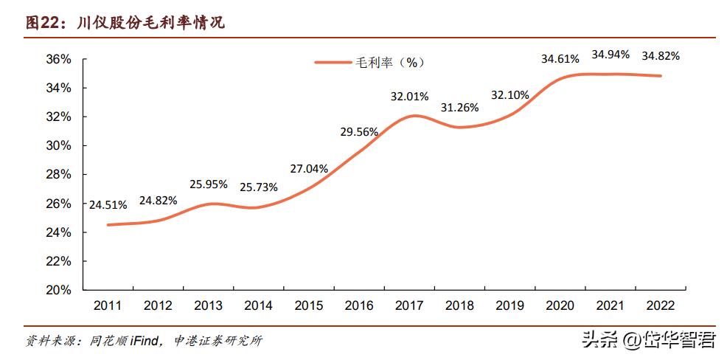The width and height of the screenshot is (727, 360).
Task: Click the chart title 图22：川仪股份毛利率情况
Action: (x=125, y=24)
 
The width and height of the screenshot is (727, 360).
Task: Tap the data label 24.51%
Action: (x=108, y=204)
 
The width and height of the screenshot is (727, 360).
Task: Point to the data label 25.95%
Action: (x=209, y=184)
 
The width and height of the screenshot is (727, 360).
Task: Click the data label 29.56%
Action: (x=359, y=132)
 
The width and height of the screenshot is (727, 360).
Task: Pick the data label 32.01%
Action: (x=409, y=96)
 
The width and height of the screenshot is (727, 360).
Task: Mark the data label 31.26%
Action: (x=459, y=107)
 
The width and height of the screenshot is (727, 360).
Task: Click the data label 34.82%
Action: (x=661, y=55)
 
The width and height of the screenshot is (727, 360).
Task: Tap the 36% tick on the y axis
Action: (x=57, y=59)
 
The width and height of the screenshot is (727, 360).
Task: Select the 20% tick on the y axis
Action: (x=57, y=290)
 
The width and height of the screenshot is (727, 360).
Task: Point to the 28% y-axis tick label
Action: (x=57, y=174)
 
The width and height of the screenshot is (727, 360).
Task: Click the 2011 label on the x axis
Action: (x=108, y=305)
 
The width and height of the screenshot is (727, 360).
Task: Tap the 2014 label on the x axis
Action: (x=258, y=305)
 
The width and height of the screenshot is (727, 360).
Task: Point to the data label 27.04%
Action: (x=309, y=168)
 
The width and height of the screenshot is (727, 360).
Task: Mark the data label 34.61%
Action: (x=560, y=58)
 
